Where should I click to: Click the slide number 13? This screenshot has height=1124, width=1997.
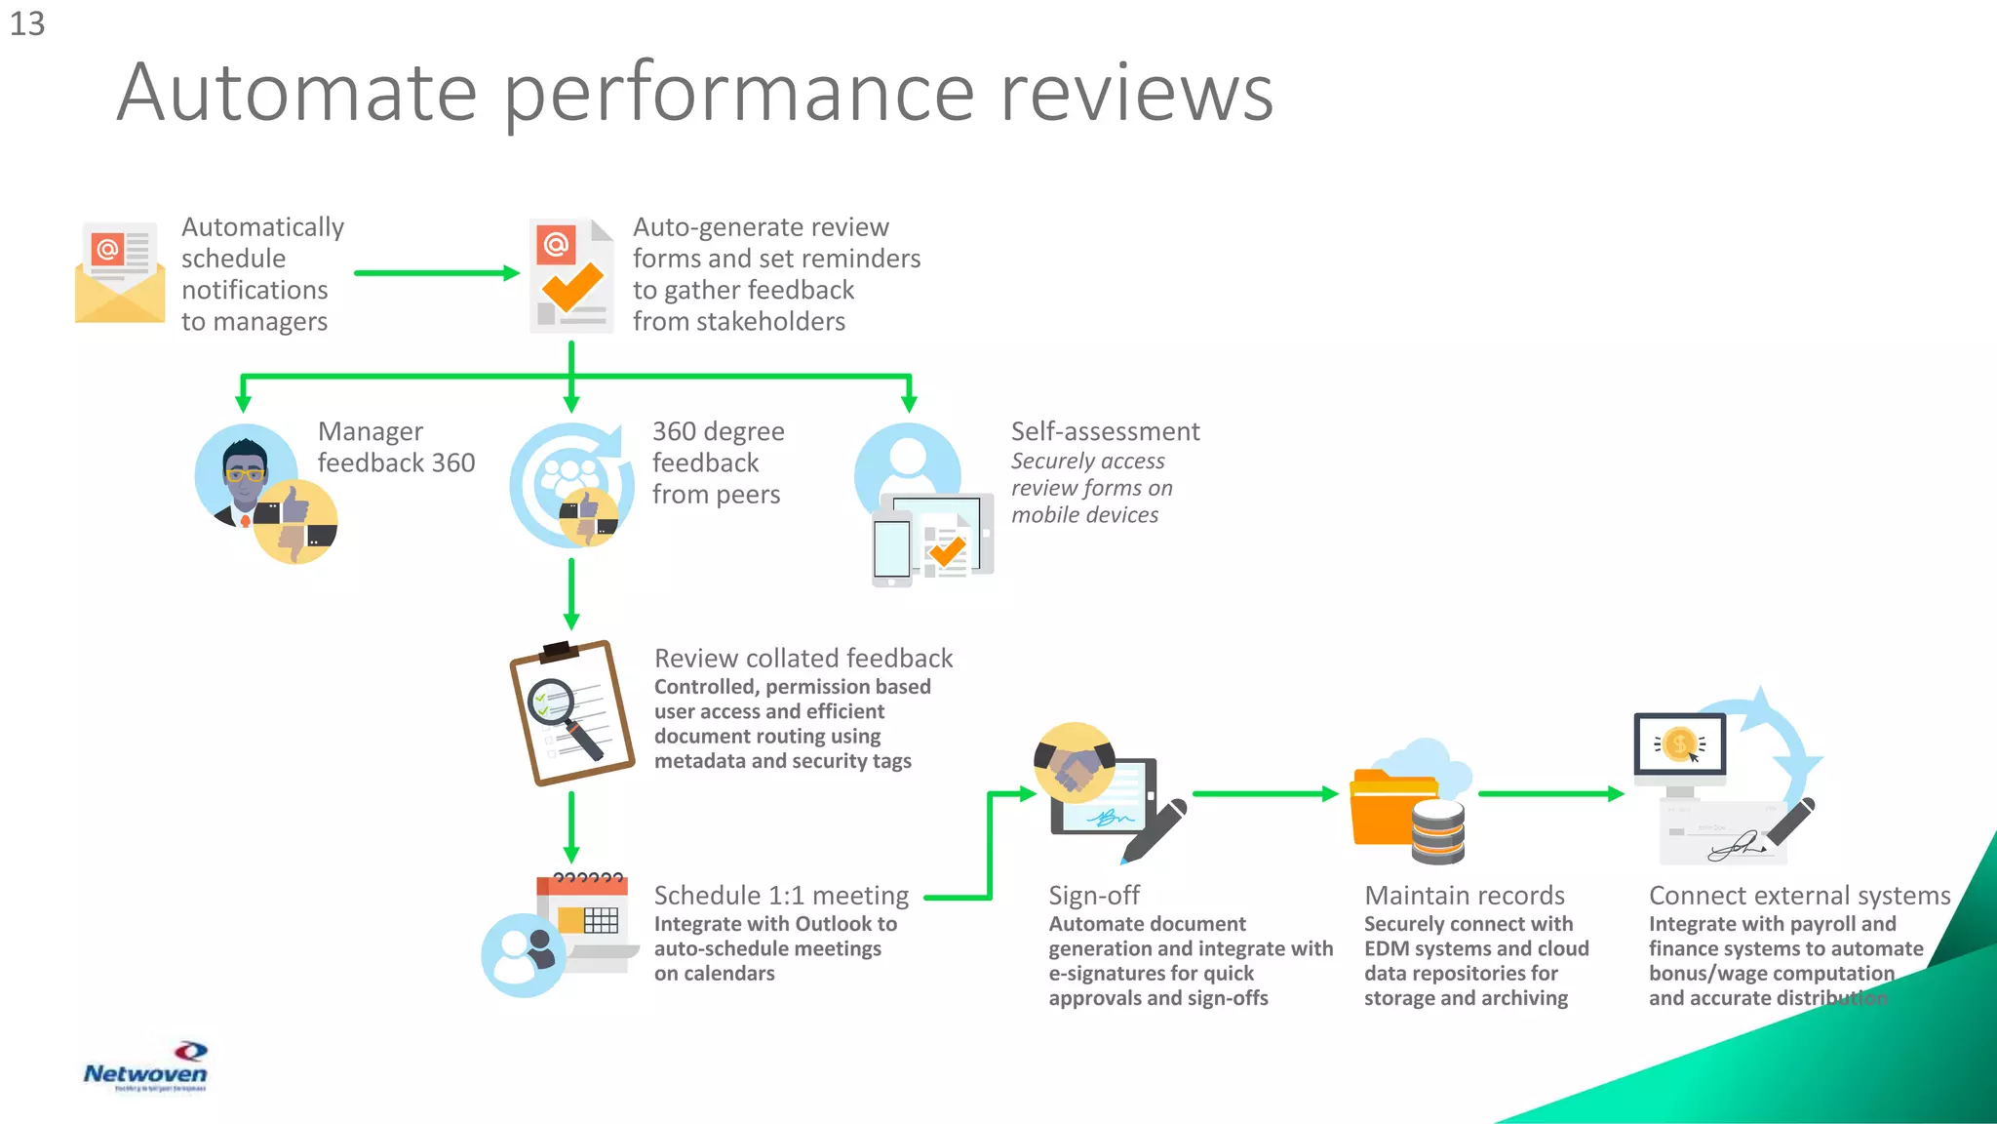point(27,23)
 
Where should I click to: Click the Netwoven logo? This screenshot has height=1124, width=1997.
point(145,1067)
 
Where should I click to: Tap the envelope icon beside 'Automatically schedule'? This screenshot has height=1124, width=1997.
point(120,273)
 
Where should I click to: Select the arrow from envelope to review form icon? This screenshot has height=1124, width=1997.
point(436,273)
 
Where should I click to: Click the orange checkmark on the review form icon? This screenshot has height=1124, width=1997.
point(572,285)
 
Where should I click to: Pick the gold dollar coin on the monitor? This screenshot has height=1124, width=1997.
point(1679,744)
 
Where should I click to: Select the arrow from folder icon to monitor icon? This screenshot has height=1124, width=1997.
point(1550,794)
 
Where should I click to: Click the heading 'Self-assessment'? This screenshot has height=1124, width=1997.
point(1105,431)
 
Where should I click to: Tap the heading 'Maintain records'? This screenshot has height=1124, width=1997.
point(1464,895)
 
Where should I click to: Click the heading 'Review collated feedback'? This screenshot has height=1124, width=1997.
point(803,659)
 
